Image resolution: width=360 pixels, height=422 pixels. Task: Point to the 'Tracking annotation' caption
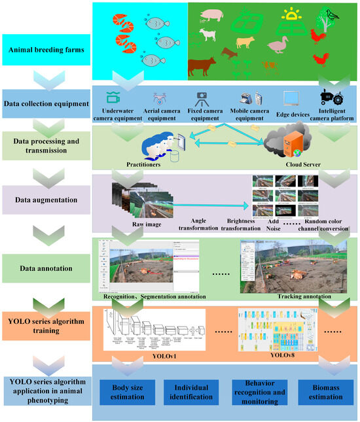(x=302, y=296)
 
